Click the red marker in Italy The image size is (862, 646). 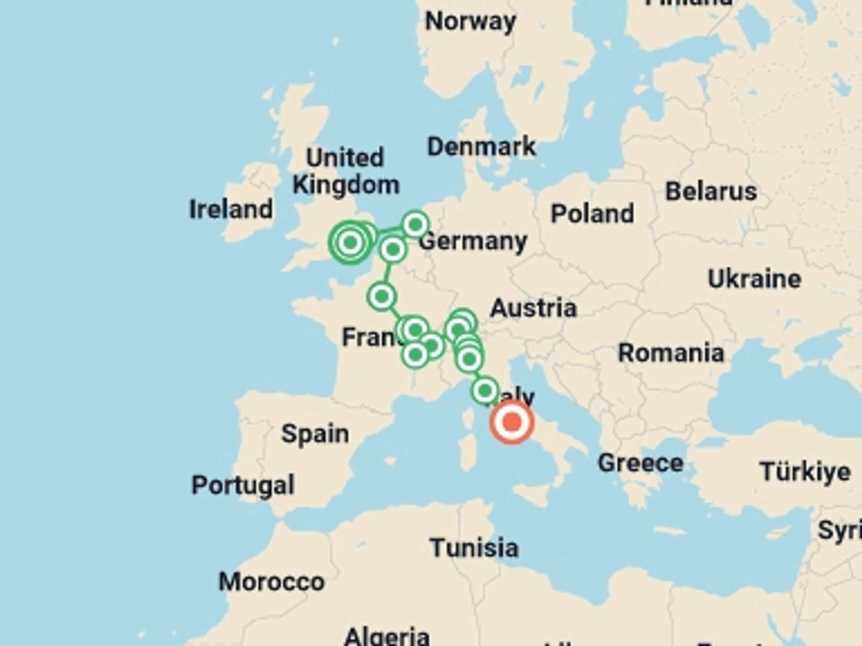(x=511, y=422)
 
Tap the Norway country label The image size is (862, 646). (x=471, y=22)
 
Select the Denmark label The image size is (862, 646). (x=481, y=147)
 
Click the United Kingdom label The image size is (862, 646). (x=345, y=171)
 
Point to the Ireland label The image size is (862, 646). (x=231, y=210)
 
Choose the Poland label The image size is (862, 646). (x=592, y=214)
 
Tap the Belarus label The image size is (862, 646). (x=711, y=192)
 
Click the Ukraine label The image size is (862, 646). (x=754, y=279)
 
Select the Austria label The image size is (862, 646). (x=533, y=308)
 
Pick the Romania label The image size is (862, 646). (x=671, y=353)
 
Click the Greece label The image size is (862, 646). (x=640, y=463)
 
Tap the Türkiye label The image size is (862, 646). (x=805, y=472)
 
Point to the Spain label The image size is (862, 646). (x=315, y=434)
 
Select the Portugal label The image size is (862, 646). (x=243, y=485)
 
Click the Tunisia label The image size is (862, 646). (x=474, y=548)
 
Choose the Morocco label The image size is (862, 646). (x=271, y=582)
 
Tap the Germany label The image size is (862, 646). (x=473, y=242)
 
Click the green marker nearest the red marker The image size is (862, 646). (x=485, y=391)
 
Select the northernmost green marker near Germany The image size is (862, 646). (x=415, y=224)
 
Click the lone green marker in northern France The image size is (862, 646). (x=382, y=297)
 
